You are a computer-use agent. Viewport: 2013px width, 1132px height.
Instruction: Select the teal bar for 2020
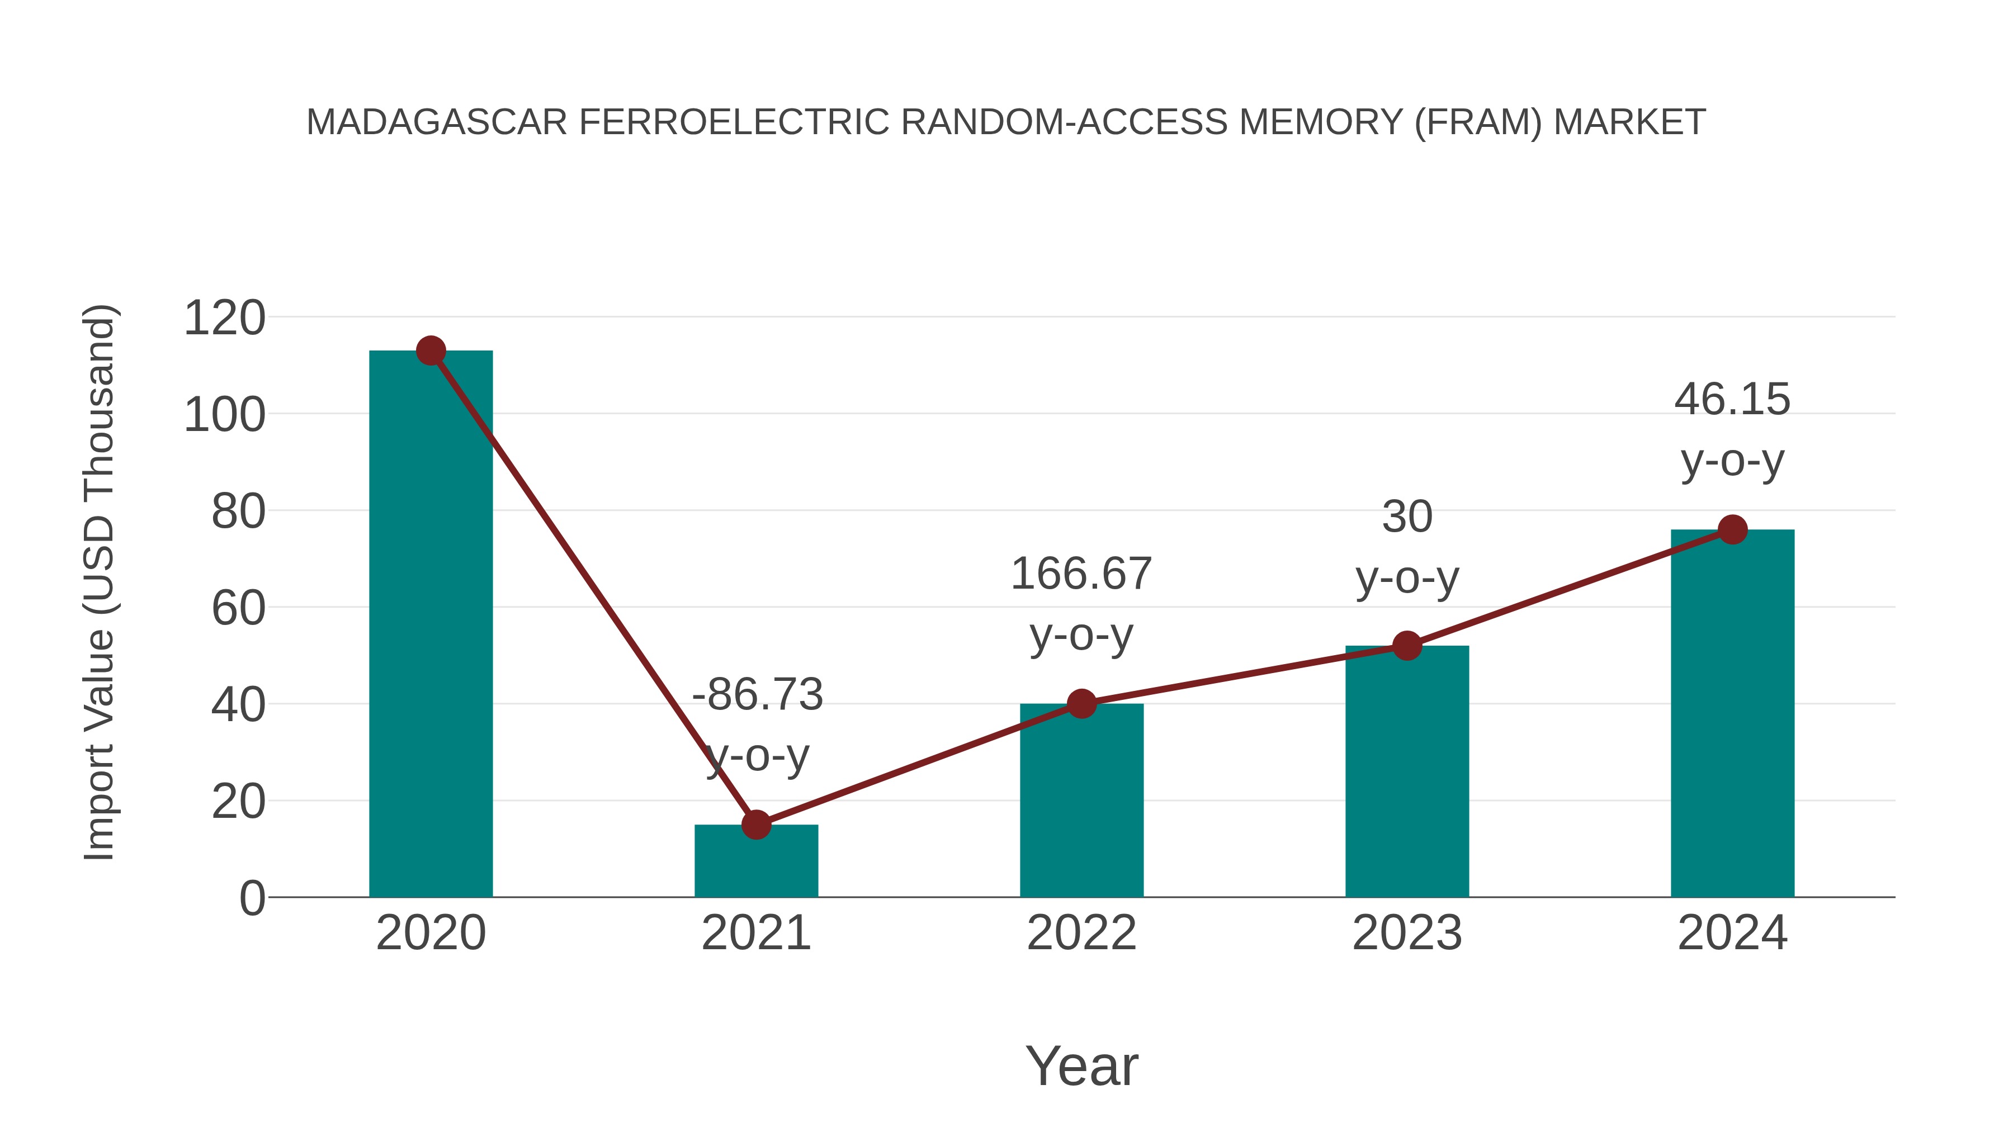[x=431, y=625]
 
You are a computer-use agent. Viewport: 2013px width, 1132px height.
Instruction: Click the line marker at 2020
[x=431, y=351]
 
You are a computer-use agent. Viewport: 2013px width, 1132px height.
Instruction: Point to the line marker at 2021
[x=755, y=824]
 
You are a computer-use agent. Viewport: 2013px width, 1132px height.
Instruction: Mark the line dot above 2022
[x=1081, y=704]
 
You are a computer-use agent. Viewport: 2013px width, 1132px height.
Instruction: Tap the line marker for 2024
[x=1732, y=530]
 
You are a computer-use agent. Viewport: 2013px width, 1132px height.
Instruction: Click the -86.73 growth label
[x=757, y=694]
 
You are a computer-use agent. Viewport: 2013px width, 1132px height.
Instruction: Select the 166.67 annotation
[x=1081, y=574]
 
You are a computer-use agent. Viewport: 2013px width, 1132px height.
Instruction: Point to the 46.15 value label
[x=1732, y=400]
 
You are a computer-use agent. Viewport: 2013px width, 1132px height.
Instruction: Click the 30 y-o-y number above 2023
[x=1407, y=517]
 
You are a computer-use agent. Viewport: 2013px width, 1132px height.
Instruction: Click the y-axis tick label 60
[x=238, y=609]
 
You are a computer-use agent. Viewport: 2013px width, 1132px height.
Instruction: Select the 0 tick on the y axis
[x=252, y=898]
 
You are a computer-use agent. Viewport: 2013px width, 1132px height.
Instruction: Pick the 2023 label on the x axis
[x=1407, y=933]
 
